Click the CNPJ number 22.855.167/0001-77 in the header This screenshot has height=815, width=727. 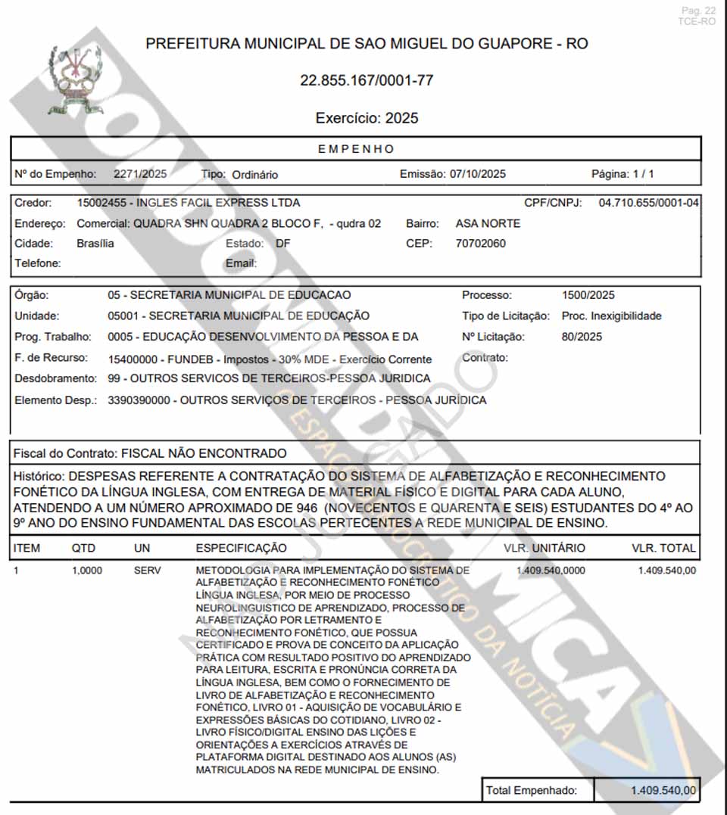[x=367, y=80]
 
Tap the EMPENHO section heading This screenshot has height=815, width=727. [x=356, y=149]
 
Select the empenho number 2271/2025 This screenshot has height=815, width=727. [x=140, y=174]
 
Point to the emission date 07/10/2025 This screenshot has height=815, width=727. [x=477, y=174]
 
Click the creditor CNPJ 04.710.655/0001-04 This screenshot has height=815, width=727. [x=649, y=203]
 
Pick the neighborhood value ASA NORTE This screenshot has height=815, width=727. [x=488, y=223]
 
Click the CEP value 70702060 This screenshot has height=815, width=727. [x=481, y=244]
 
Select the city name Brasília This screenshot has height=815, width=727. [x=95, y=244]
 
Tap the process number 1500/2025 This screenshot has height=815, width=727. [x=588, y=295]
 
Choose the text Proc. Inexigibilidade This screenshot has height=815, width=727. [x=611, y=316]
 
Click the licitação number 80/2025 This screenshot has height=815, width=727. [x=582, y=337]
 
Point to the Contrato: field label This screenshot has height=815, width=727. [x=485, y=357]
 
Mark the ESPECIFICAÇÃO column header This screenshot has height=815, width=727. [x=241, y=548]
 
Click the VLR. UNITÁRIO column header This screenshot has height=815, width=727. [x=544, y=548]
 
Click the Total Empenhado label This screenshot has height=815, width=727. [x=531, y=791]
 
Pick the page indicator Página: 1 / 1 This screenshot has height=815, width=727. [x=622, y=174]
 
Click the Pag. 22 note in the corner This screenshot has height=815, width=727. [x=697, y=11]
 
